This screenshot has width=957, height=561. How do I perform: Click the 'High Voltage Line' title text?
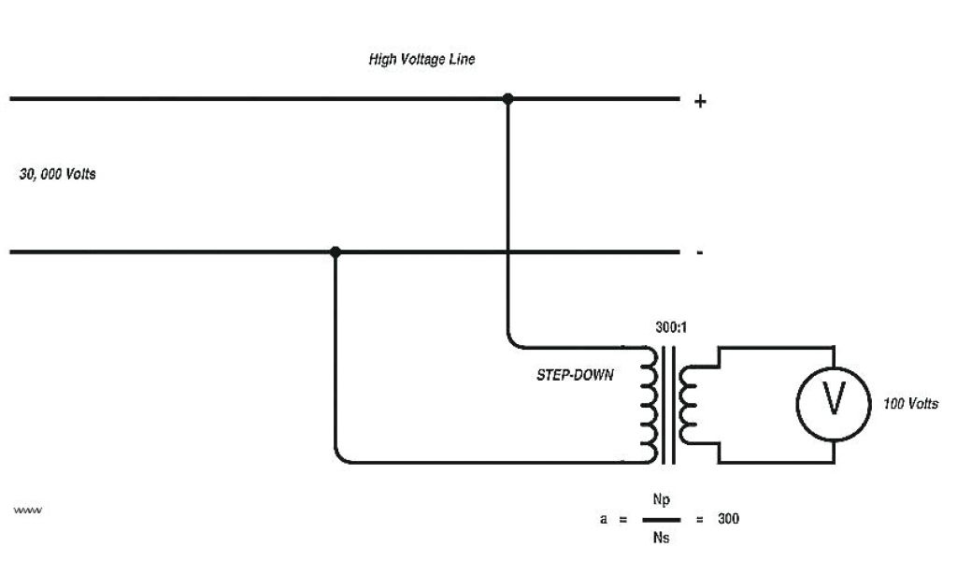tap(421, 60)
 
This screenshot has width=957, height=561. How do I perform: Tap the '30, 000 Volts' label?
tap(57, 175)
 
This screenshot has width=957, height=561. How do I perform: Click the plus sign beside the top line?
tap(700, 101)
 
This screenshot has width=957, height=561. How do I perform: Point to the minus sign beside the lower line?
tap(700, 253)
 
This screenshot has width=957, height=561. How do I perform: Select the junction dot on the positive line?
tap(507, 97)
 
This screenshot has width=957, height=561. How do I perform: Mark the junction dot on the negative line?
tap(336, 252)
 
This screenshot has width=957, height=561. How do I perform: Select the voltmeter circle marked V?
tap(833, 403)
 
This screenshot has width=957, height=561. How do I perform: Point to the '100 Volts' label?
tap(910, 404)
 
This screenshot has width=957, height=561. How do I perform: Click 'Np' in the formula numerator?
tap(660, 500)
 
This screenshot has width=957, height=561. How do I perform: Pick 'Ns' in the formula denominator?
tap(660, 538)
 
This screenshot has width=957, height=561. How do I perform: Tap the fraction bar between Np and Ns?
tap(660, 519)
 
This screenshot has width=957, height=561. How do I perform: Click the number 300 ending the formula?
tap(728, 519)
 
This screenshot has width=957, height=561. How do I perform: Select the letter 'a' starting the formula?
tap(604, 519)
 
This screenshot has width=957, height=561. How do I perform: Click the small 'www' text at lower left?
tap(29, 511)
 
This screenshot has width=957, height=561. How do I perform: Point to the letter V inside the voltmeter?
tap(833, 403)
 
